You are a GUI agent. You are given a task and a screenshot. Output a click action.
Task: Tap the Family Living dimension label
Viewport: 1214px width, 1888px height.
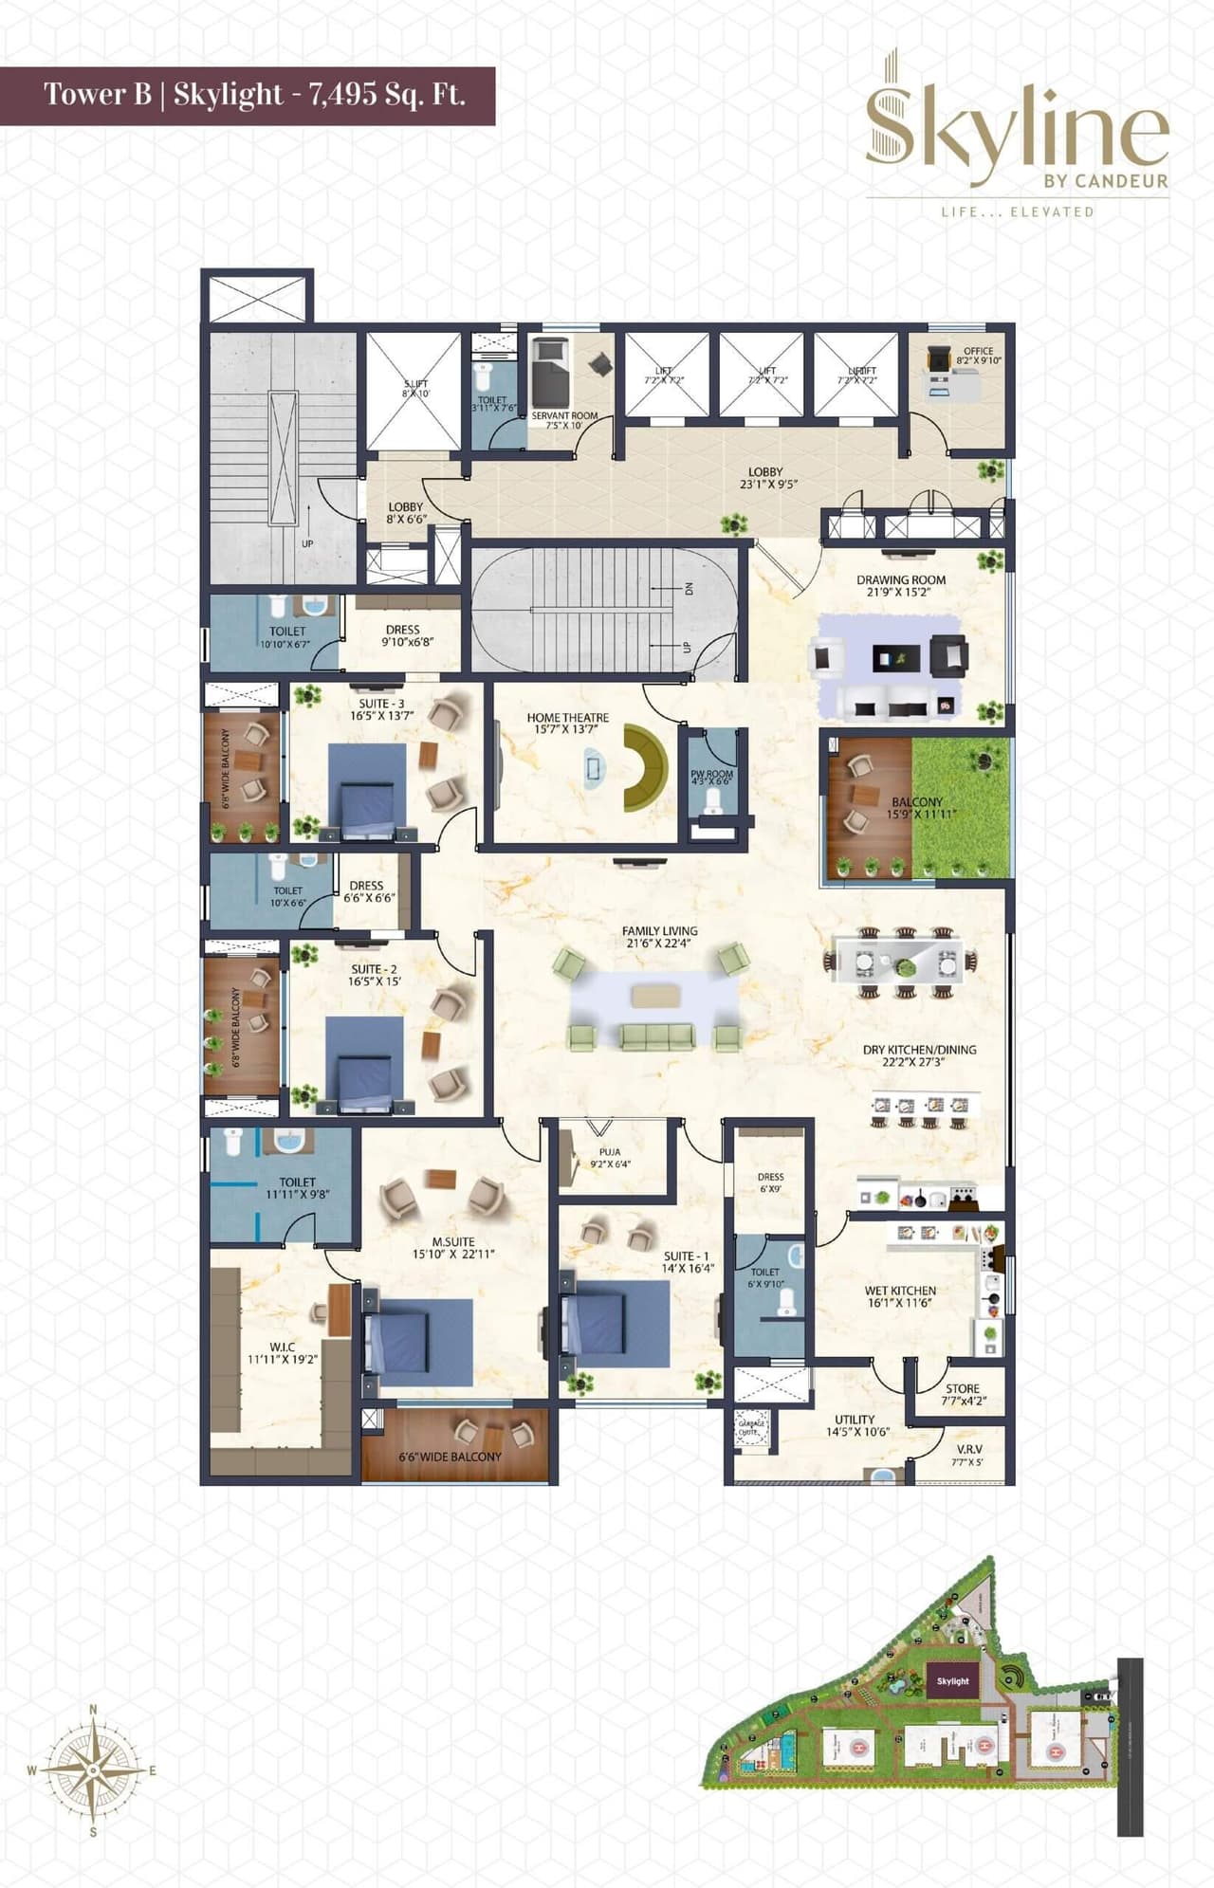click(659, 944)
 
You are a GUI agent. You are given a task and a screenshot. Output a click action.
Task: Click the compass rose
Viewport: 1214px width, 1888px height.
click(93, 1769)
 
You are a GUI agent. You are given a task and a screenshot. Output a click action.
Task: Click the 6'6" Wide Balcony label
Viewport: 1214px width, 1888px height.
click(450, 1457)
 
